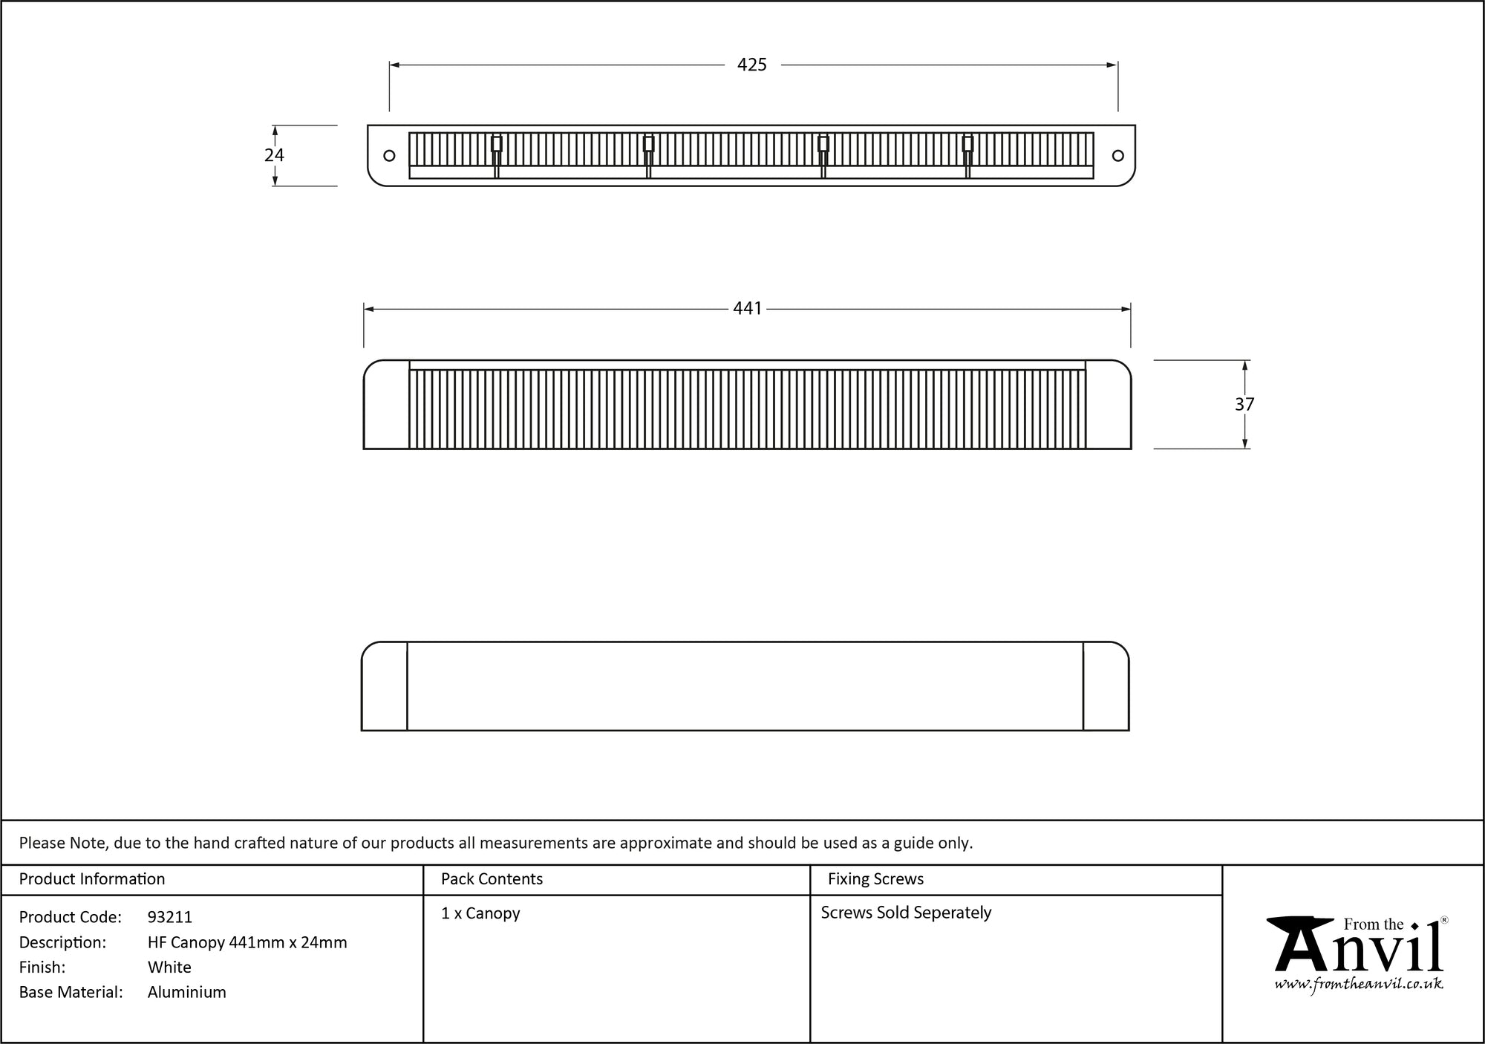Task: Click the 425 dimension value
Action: (751, 65)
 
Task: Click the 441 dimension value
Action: (747, 309)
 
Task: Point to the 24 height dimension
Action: (274, 155)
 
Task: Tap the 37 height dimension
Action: (1244, 405)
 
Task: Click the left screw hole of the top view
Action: (389, 156)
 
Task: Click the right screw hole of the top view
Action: (1117, 156)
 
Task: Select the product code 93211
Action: (170, 917)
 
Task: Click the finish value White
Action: (169, 968)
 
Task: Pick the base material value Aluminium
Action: (187, 993)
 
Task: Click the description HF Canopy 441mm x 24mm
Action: (247, 942)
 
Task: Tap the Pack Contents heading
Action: (492, 879)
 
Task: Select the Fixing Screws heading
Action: (875, 879)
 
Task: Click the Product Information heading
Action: (92, 879)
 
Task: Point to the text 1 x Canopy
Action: (480, 913)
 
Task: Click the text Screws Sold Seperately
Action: (906, 913)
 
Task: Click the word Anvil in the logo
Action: (1359, 950)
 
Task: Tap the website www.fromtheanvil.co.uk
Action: (1359, 985)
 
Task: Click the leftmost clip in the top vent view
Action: (497, 144)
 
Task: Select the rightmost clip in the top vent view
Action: (967, 144)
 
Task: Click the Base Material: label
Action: (71, 993)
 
